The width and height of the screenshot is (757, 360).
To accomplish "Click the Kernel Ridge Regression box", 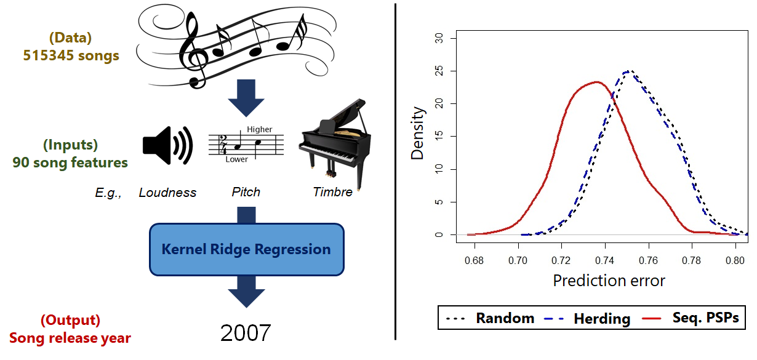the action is [x=247, y=249].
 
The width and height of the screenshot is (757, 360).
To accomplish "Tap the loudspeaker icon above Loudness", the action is [x=167, y=145].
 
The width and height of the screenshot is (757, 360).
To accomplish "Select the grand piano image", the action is [x=335, y=143].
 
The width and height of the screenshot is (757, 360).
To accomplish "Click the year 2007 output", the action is [x=246, y=333].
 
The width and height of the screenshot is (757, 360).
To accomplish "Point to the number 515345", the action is [x=49, y=55].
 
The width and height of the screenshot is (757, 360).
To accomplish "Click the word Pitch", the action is [x=246, y=192].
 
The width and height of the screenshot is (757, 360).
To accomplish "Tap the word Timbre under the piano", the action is [x=332, y=192].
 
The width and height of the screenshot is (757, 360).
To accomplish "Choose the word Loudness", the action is [x=167, y=193].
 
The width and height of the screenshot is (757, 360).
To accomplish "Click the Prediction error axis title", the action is [x=609, y=281].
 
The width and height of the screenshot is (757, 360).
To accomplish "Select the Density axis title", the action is [x=417, y=133].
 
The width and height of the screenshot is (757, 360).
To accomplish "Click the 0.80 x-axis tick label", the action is [x=735, y=261].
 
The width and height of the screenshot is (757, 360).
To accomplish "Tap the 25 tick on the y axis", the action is [x=439, y=71].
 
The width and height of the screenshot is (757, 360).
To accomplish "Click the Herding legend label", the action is [x=603, y=319].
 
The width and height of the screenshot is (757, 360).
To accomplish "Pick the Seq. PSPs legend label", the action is [x=706, y=318].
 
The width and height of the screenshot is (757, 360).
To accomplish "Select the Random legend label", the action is [x=505, y=318].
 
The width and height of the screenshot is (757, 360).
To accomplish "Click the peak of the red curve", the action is [x=597, y=82].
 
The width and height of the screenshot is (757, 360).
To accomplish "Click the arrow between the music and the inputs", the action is [x=246, y=97].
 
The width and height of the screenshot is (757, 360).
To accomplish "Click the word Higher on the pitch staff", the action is [x=260, y=129].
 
